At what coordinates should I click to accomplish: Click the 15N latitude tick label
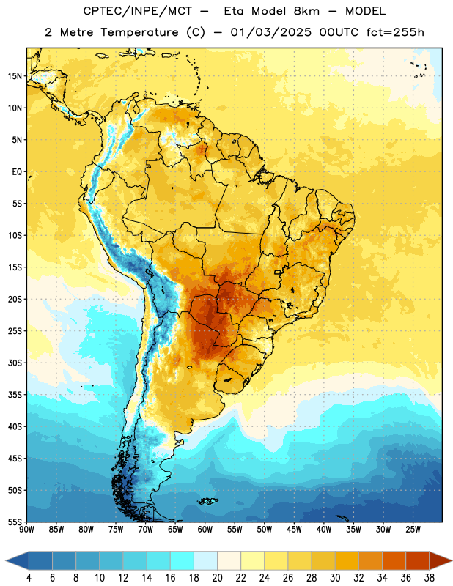pos(15,76)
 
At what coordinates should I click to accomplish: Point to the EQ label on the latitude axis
pos(17,172)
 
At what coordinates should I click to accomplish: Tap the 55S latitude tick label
pos(15,522)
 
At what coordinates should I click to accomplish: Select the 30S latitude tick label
pos(15,363)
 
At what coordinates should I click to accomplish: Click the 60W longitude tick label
pos(205,530)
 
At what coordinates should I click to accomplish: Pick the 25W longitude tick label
pos(413,530)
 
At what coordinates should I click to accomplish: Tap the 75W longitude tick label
pos(116,530)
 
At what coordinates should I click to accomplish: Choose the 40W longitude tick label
pos(324,530)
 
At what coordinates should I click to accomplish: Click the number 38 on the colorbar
pos(429,578)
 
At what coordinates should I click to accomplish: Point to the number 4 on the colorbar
pos(29,578)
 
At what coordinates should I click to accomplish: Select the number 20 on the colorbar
pos(217,578)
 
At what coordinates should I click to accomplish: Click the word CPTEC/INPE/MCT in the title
pos(137,11)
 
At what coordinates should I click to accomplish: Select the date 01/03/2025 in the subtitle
pos(270,32)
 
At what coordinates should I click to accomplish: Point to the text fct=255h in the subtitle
pos(395,32)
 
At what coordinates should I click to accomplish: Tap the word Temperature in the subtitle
pos(139,33)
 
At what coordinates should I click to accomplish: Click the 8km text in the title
pos(306,11)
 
